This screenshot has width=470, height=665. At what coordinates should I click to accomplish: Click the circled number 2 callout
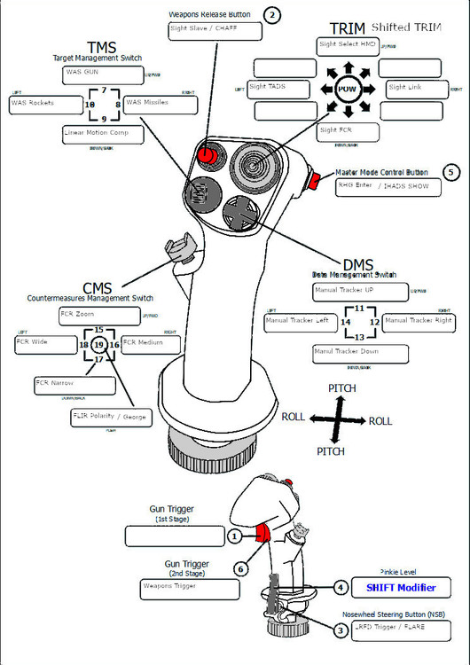(272, 14)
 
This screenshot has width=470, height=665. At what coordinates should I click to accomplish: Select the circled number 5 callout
(451, 172)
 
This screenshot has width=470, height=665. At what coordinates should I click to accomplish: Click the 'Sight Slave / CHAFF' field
(215, 31)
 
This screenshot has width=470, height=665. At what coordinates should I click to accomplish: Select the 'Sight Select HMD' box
(348, 46)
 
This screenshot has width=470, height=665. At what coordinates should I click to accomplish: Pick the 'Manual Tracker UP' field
(359, 292)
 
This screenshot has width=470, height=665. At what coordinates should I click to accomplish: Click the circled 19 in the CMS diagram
(99, 344)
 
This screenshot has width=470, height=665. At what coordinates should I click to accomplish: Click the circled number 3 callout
(341, 630)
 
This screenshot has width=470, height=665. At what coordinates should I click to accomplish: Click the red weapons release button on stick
(207, 155)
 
